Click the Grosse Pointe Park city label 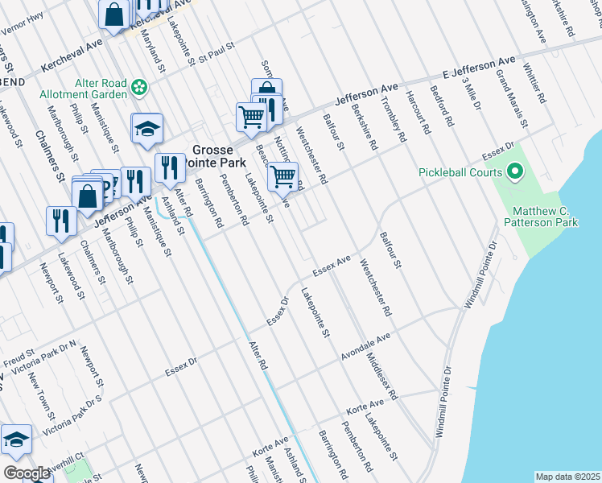pos(213,156)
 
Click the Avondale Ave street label pos(365,344)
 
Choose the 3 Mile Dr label pos(471,91)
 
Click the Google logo pos(26,473)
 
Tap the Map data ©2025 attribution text pos(567,477)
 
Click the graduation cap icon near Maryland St pos(147,129)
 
